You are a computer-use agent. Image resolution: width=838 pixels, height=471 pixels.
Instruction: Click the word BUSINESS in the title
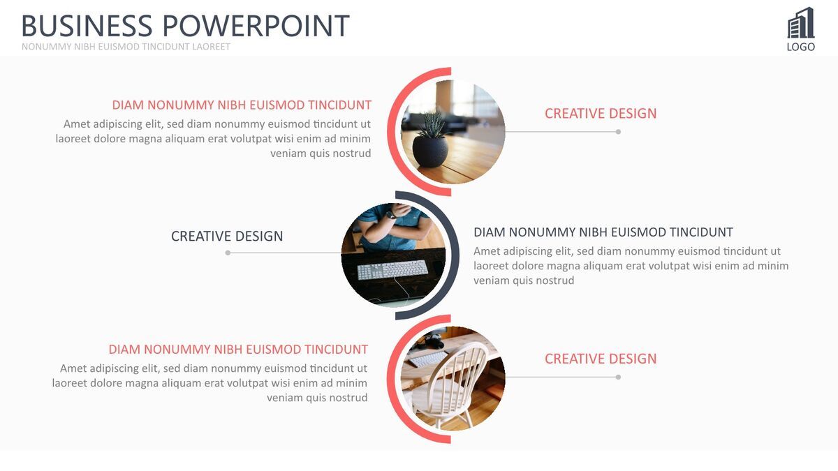(x=87, y=26)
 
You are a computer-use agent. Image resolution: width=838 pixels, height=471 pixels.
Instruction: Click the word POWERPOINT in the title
(x=256, y=26)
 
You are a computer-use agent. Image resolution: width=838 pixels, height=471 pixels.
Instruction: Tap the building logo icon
(x=800, y=22)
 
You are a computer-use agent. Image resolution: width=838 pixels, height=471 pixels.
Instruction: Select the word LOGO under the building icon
(x=800, y=47)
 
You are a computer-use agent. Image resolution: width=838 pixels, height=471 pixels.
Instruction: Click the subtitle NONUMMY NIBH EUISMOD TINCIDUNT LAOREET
(x=126, y=47)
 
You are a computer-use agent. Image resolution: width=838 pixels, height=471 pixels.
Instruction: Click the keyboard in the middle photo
(x=392, y=269)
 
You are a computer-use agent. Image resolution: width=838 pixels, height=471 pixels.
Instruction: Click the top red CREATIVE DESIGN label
(x=601, y=114)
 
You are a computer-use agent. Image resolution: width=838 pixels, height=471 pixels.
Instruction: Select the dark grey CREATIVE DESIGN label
(x=227, y=237)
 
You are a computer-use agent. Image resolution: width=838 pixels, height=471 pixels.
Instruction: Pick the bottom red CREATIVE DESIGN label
(x=601, y=359)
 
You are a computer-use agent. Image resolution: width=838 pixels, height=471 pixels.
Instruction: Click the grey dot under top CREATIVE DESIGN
(x=618, y=132)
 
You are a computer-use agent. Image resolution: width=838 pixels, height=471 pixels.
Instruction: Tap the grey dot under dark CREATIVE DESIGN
(x=228, y=253)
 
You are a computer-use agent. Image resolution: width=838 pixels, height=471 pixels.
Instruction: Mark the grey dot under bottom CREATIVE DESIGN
(x=618, y=377)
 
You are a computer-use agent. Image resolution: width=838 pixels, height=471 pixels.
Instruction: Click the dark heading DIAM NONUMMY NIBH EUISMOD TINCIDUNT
(x=603, y=232)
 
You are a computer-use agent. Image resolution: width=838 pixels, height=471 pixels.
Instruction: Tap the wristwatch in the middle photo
(x=391, y=215)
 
